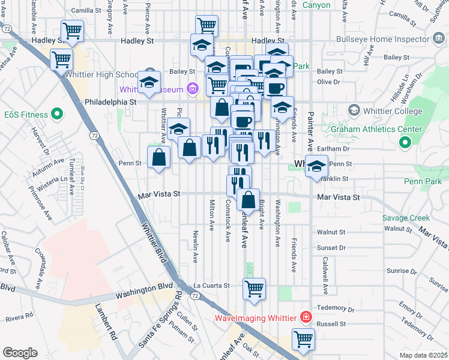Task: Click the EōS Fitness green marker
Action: (x=58, y=113)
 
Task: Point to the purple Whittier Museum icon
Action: (x=193, y=89)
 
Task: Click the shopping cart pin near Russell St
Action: (x=303, y=339)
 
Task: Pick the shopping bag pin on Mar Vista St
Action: (x=248, y=200)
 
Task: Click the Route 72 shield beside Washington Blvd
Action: (x=194, y=296)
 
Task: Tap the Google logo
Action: (x=20, y=352)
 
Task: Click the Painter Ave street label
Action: (x=310, y=131)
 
